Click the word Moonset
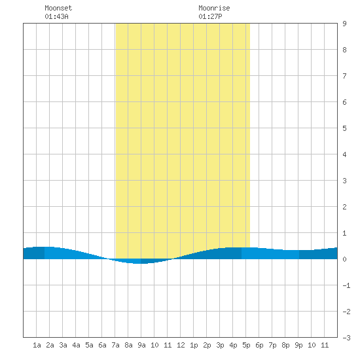pyautogui.click(x=58, y=8)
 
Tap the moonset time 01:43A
pyautogui.click(x=56, y=16)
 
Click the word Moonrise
pyautogui.click(x=214, y=8)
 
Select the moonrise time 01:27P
pyautogui.click(x=210, y=16)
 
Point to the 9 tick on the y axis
pyautogui.click(x=344, y=24)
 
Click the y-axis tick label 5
pyautogui.click(x=344, y=128)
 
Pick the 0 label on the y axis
pyautogui.click(x=344, y=259)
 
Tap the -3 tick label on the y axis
pyautogui.click(x=346, y=338)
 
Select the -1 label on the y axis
pyautogui.click(x=346, y=285)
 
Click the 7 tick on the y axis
pyautogui.click(x=344, y=76)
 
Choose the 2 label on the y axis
pyautogui.click(x=344, y=207)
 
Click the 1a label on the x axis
pyautogui.click(x=37, y=345)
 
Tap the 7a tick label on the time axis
pyautogui.click(x=115, y=345)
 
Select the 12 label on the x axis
pyautogui.click(x=181, y=345)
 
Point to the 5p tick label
pyautogui.click(x=246, y=345)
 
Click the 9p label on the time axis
pyautogui.click(x=298, y=345)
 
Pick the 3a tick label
pyautogui.click(x=63, y=345)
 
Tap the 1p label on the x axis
pyautogui.click(x=194, y=345)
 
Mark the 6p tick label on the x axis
pyautogui.click(x=259, y=345)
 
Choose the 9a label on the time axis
pyautogui.click(x=141, y=345)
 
